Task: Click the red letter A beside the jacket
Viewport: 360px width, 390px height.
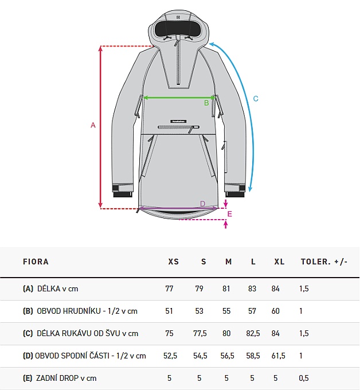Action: (x=93, y=125)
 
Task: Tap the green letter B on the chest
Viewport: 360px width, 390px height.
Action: (x=206, y=103)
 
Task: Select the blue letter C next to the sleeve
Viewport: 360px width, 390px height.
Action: (x=256, y=99)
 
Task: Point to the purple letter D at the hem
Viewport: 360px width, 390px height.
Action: (x=202, y=204)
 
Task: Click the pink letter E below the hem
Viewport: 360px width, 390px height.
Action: (x=230, y=214)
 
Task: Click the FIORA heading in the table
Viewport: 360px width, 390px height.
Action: (x=36, y=262)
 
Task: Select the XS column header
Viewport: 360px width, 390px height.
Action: (x=174, y=262)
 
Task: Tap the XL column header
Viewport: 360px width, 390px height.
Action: (x=279, y=262)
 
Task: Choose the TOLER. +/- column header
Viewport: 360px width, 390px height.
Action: (x=324, y=262)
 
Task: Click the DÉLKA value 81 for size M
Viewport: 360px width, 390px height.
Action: (x=226, y=288)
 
